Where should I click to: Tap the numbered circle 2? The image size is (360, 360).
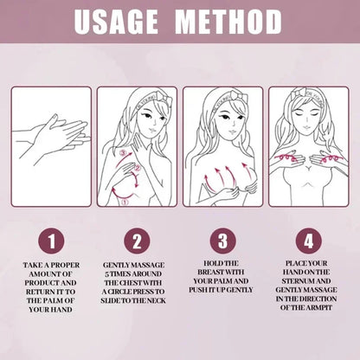click(x=137, y=238)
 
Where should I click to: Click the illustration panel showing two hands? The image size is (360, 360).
click(x=51, y=145)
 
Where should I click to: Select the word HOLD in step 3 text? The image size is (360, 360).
click(x=213, y=262)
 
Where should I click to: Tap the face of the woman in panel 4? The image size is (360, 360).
click(x=309, y=117)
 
